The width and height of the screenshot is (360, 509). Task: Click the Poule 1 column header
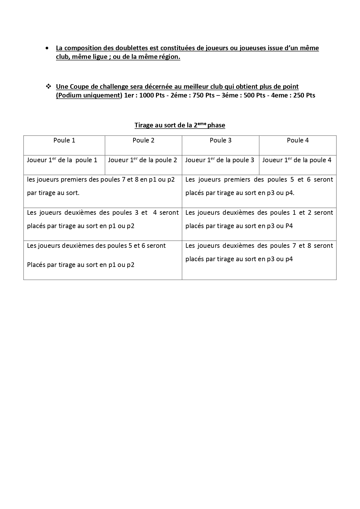64,140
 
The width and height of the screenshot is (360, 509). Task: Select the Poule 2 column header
143,140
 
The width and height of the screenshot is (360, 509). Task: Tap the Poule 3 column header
220,140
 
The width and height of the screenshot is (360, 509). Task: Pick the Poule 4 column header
298,140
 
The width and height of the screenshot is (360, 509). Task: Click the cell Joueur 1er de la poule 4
297,160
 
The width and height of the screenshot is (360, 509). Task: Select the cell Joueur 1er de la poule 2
142,160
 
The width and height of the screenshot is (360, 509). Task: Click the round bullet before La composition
47,48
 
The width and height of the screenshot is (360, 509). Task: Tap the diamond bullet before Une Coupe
48,86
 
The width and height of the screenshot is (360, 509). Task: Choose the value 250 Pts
304,95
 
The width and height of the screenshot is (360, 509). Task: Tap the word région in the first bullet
169,57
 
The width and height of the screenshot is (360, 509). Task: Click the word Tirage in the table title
144,125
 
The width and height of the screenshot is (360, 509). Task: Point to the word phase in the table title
216,125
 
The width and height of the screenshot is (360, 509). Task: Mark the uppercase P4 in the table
289,226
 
